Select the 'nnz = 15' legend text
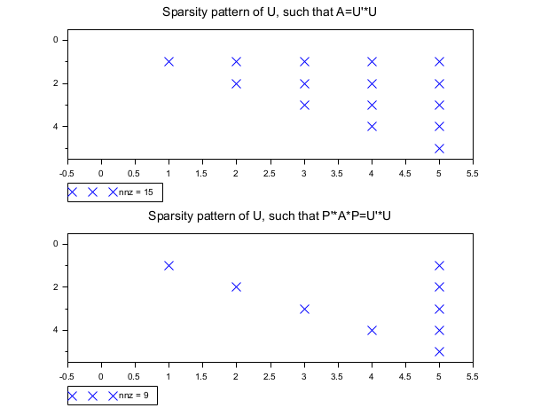(x=138, y=192)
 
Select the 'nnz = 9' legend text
(x=136, y=396)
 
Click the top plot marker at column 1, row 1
(x=169, y=61)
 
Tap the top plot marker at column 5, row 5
(x=440, y=148)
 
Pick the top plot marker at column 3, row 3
(x=304, y=105)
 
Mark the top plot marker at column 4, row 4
(x=372, y=126)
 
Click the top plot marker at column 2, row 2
(x=237, y=83)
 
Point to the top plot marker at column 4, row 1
(x=372, y=61)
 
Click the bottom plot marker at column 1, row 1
(x=169, y=265)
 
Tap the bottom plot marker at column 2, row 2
(x=237, y=286)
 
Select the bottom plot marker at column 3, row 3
(x=304, y=309)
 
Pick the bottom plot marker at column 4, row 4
(x=372, y=330)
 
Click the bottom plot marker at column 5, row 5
(x=440, y=351)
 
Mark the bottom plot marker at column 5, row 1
(x=440, y=265)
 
